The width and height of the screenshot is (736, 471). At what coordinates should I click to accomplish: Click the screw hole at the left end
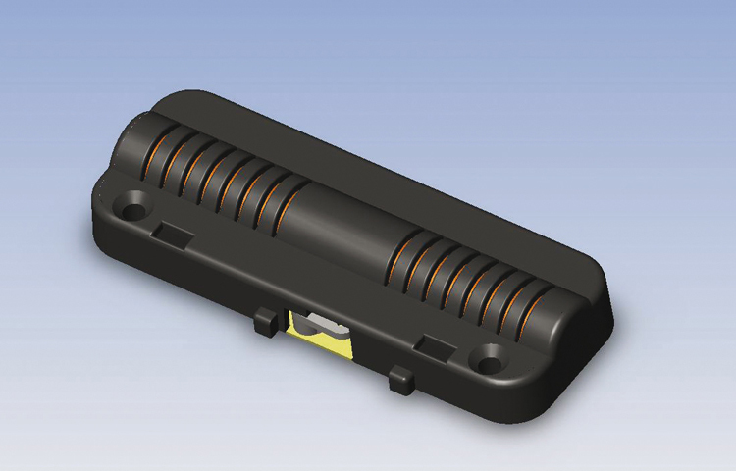[131, 208]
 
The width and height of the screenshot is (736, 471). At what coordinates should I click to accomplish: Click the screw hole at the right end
[488, 359]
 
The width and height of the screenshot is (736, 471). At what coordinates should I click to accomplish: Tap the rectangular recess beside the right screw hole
[433, 344]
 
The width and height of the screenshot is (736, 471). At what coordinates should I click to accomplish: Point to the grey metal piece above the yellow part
[322, 324]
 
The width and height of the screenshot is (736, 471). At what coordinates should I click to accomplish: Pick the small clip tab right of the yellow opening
[400, 380]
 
